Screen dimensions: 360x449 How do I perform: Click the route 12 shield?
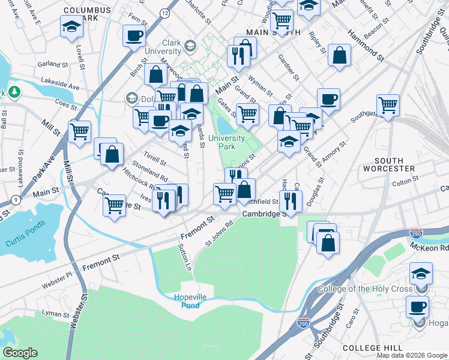[x=165, y=13]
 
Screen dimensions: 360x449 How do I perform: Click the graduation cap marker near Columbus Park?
[x=71, y=27]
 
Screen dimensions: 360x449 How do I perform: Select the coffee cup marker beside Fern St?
[x=134, y=35]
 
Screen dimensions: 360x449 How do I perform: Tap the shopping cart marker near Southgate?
[x=388, y=106]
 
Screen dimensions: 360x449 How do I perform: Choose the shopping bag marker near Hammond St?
[x=340, y=55]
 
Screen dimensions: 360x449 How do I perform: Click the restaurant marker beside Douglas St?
[x=290, y=200]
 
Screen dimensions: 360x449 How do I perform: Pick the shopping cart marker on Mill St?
[x=79, y=131]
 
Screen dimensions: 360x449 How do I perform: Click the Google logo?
[x=20, y=353]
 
